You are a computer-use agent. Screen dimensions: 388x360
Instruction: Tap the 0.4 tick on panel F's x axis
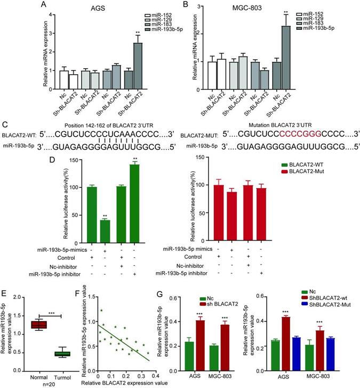pos(154,376)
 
